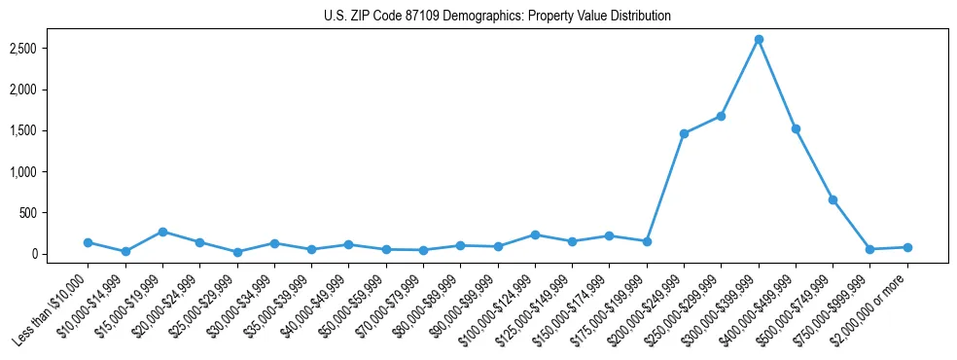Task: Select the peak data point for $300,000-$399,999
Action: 759,39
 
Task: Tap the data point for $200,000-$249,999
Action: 685,133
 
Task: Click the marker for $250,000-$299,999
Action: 722,116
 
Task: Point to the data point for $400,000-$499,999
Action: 796,128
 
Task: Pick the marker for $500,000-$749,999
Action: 833,199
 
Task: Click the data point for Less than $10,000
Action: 88,242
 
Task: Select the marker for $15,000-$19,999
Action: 162,232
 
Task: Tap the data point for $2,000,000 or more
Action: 907,247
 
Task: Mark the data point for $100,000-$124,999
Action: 535,234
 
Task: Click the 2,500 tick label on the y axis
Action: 35,48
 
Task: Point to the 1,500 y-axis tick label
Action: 35,130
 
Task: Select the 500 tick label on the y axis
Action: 42,213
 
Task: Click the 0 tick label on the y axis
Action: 47,254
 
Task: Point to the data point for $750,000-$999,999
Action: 870,249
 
